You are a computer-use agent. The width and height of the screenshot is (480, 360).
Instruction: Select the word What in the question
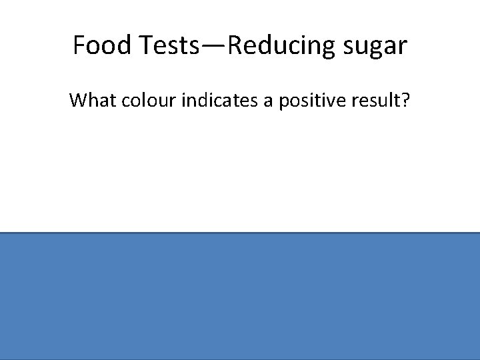click(x=90, y=101)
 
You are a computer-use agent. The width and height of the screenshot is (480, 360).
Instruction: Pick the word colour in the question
click(x=142, y=101)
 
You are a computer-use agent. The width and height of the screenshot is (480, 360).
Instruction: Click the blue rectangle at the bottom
click(x=240, y=296)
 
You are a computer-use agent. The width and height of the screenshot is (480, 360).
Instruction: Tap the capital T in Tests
click(x=146, y=45)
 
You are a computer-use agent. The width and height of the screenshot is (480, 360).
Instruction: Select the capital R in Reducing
click(x=235, y=45)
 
